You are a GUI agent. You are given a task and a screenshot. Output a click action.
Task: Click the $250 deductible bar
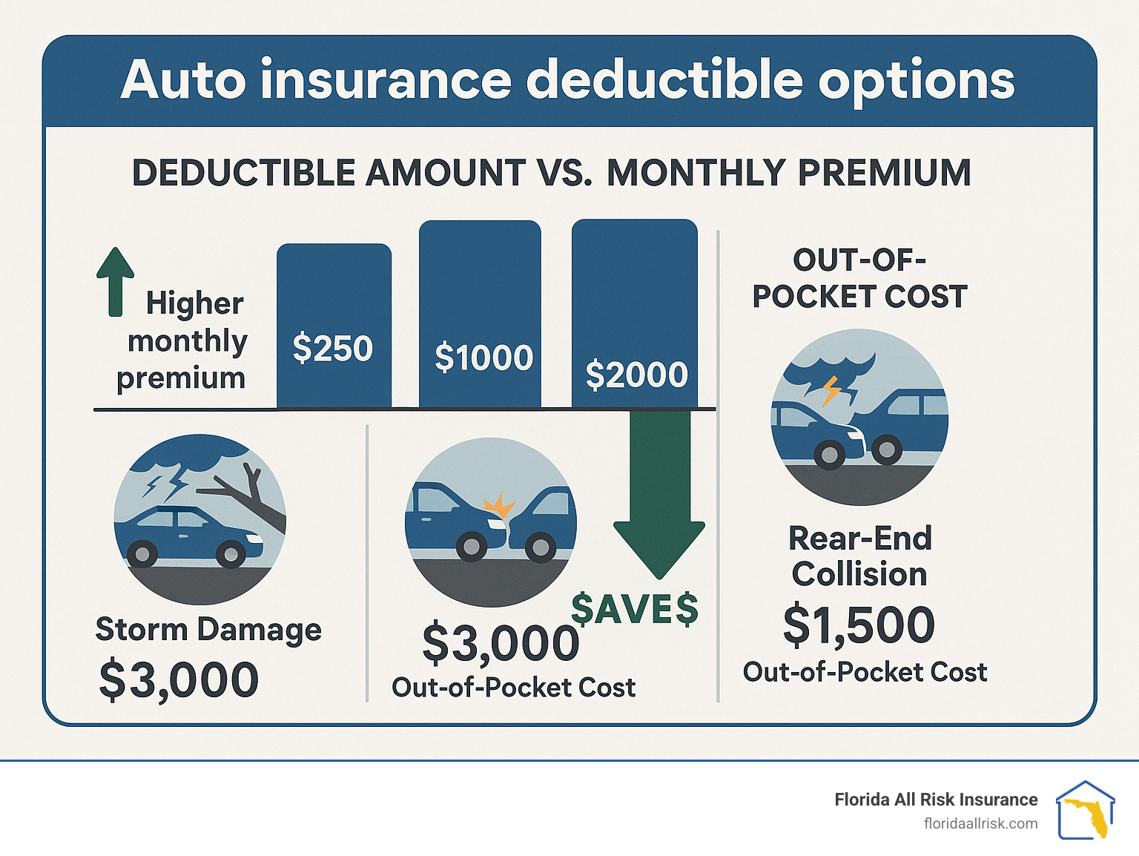click(x=334, y=326)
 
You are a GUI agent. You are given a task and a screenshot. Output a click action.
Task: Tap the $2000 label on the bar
click(x=636, y=375)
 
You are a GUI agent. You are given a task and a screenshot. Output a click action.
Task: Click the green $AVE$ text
click(x=635, y=609)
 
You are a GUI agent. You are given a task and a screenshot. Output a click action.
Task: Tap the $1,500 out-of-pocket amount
click(x=859, y=625)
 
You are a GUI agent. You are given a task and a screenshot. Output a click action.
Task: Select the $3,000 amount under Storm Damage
click(x=179, y=679)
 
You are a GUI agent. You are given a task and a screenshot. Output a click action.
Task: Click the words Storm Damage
click(x=208, y=630)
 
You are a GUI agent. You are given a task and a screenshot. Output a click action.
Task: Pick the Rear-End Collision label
click(x=859, y=556)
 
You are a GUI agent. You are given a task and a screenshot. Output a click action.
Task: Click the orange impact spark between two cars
click(x=498, y=507)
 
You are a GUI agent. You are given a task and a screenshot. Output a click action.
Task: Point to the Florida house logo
click(x=1085, y=810)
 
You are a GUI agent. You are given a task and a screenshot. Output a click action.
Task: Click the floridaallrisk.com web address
click(x=980, y=823)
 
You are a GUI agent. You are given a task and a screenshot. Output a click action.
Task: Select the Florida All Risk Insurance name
click(x=936, y=800)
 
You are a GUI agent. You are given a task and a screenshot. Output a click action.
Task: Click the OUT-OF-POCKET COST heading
click(x=859, y=278)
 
